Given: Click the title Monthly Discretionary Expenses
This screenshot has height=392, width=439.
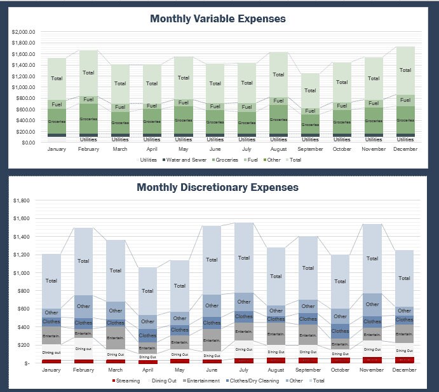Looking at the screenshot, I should click(218, 188).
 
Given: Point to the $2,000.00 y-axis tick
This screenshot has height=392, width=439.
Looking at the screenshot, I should click(24, 32).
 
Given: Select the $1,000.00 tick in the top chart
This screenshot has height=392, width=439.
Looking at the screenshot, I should click(24, 87).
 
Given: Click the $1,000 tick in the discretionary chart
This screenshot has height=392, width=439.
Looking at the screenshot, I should click(22, 273).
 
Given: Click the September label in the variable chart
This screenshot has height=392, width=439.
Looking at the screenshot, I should click(310, 150).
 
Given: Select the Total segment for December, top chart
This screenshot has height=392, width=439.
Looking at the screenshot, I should click(405, 70).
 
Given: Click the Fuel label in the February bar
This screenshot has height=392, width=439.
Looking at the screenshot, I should click(88, 99).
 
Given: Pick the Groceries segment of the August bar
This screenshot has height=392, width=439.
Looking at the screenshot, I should click(278, 119).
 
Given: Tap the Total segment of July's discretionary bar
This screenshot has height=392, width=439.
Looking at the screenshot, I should click(243, 258).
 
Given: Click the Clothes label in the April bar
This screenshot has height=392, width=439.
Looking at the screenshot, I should click(147, 335).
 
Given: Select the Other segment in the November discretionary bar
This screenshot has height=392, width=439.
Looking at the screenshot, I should click(372, 304).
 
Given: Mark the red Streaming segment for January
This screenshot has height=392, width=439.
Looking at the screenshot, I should click(51, 361).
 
